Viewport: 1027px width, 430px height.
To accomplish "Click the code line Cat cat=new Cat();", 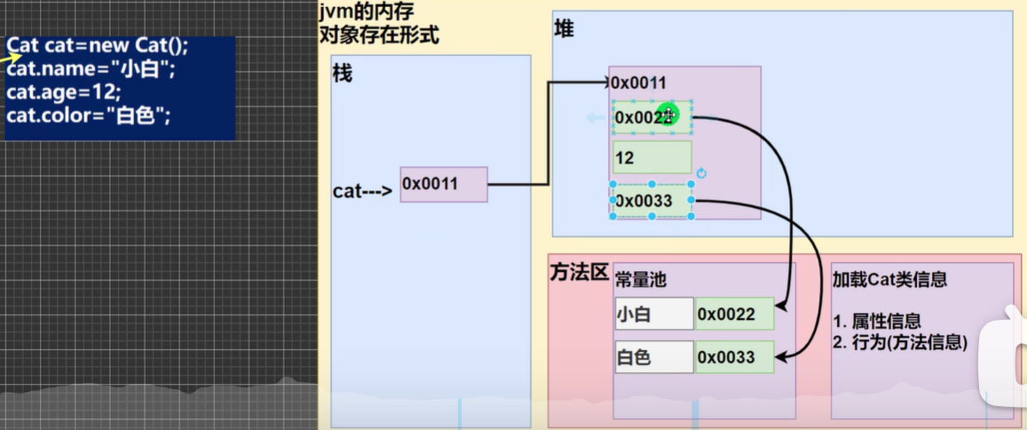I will tap(98, 46).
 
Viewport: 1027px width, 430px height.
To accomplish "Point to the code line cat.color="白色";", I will tap(89, 115).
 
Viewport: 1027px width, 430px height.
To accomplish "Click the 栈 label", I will tap(343, 74).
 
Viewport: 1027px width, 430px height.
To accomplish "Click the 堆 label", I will tap(564, 28).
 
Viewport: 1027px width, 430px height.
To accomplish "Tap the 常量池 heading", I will tap(641, 280).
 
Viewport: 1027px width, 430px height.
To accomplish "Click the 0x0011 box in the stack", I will tap(444, 184).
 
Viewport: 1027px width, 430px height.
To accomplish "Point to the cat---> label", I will tap(362, 190).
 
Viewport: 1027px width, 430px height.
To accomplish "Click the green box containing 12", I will tap(652, 157).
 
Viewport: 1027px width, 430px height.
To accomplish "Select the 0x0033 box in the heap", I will tap(652, 200).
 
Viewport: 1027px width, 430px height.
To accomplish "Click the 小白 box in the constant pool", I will tap(653, 314).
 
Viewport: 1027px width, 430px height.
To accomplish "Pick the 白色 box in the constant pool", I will tap(653, 357).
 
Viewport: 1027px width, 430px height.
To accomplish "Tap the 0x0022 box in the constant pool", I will tap(735, 314).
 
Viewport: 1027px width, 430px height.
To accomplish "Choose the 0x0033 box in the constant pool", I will tap(735, 357).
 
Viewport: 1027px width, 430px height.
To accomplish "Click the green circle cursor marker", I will tap(668, 114).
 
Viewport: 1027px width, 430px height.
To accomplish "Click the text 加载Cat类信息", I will tap(889, 279).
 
